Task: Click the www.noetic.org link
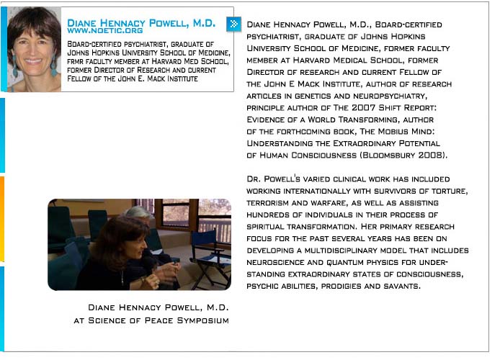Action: tap(104, 32)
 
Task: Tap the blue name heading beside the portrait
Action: tap(141, 23)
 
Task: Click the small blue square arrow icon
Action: tap(233, 24)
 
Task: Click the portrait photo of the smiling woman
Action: tap(34, 48)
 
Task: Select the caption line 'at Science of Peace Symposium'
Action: tap(151, 320)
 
